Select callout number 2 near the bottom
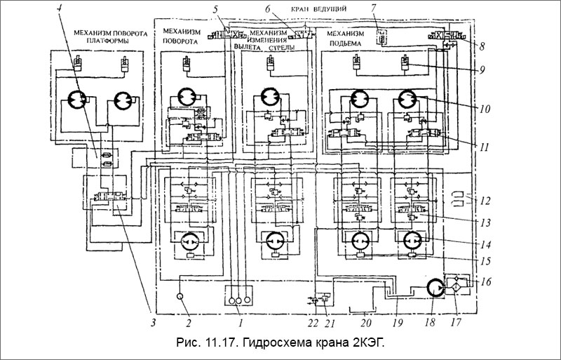point(189,324)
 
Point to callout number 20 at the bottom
point(364,324)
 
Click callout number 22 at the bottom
point(312,324)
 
